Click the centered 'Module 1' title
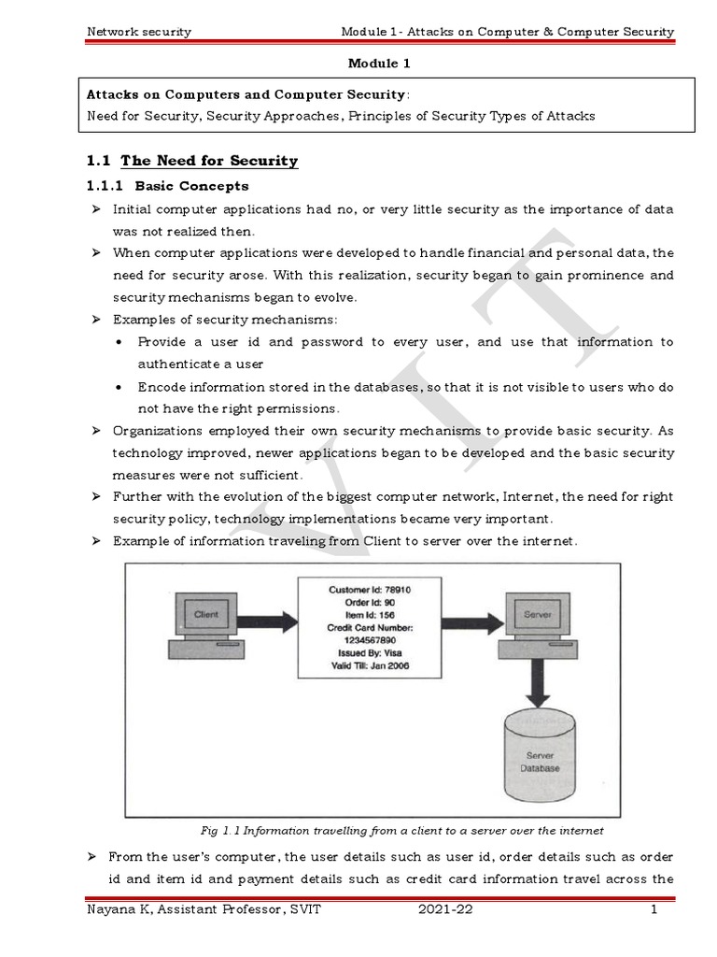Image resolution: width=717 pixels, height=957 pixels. (378, 64)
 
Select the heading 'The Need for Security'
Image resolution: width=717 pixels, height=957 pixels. (209, 161)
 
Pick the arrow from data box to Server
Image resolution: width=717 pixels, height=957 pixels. (470, 619)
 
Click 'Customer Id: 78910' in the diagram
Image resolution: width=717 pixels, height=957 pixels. (370, 590)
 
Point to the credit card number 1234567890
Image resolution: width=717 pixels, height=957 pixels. (370, 641)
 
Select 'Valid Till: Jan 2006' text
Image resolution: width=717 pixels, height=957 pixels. (370, 666)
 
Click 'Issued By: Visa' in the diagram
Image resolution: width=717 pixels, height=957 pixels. (370, 654)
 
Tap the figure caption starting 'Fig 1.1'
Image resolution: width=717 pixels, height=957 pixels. (401, 830)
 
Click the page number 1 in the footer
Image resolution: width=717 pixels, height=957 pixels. (654, 911)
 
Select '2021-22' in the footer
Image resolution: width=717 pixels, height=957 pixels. (445, 911)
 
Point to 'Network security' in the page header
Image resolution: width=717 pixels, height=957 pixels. (138, 32)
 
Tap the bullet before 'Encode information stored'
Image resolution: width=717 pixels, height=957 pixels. (120, 387)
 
